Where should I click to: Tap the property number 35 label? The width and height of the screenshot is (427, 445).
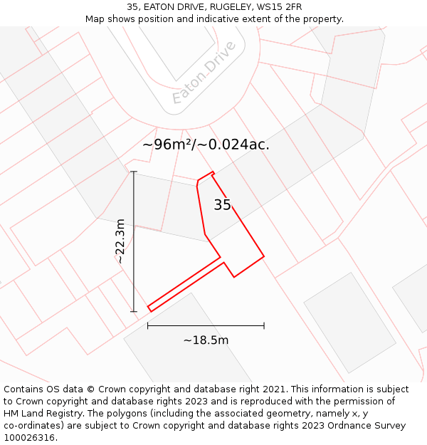[222, 205]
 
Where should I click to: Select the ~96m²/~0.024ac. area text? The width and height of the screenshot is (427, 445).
[206, 145]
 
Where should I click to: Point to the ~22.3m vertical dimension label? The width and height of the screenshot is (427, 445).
[120, 241]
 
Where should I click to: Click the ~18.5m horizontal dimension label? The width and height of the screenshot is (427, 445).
[206, 340]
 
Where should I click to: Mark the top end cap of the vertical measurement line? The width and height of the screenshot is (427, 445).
[134, 172]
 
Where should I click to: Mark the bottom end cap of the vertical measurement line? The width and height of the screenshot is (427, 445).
[134, 311]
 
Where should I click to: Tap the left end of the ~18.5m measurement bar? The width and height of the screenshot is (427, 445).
[148, 325]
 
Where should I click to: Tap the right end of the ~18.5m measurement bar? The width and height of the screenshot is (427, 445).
[264, 325]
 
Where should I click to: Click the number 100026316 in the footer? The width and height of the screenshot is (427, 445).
[29, 438]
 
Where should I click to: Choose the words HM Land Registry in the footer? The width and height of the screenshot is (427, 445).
[40, 414]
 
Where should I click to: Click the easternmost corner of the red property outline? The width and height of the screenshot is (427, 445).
[264, 256]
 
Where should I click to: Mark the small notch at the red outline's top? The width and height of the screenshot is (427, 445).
[212, 172]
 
